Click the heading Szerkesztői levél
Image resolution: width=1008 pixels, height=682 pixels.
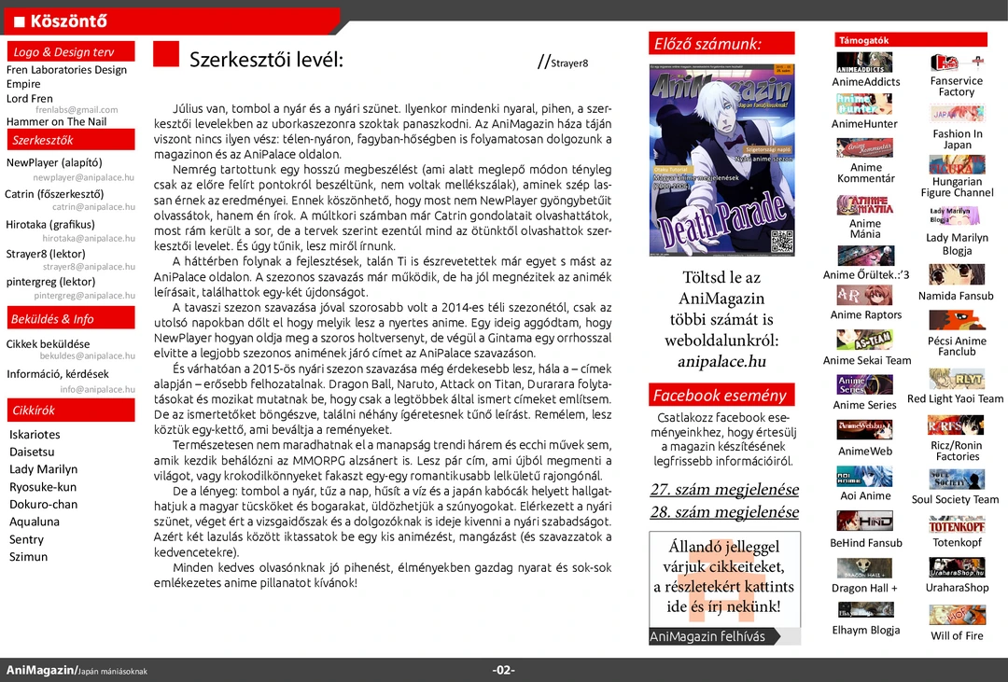coord(266,61)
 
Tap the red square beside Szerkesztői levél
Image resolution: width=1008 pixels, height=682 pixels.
coord(165,54)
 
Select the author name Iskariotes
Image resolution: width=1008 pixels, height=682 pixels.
coord(35,435)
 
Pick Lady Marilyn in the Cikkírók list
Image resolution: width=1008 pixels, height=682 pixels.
coord(43,469)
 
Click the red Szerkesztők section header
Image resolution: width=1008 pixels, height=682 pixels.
coord(71,140)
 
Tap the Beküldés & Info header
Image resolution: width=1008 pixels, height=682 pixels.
coord(71,319)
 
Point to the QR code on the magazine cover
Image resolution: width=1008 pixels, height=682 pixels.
coord(782,242)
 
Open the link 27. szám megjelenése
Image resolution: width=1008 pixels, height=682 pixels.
coord(724,490)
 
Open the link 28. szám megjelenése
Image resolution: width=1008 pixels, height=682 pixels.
coord(724,512)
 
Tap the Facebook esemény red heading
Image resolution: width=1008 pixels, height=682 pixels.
coord(721,396)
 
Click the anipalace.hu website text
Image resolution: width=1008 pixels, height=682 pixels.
coord(721,362)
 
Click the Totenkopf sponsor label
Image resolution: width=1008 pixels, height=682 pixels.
coord(957,543)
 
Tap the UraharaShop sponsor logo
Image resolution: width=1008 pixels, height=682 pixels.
coord(957,568)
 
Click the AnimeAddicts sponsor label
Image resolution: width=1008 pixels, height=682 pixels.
coord(865,82)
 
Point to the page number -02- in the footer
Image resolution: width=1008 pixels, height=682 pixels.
coord(504,671)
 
